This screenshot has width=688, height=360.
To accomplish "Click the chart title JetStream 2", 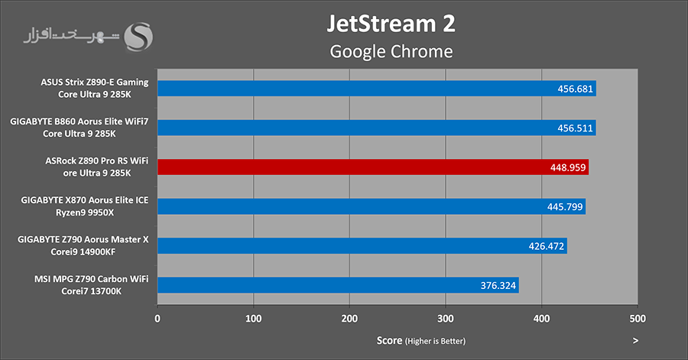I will click(x=391, y=23).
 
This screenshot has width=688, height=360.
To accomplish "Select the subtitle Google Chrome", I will click(x=391, y=52).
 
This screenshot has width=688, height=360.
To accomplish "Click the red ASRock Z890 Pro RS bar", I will click(x=373, y=167).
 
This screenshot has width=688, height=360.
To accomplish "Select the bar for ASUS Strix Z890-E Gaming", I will click(x=376, y=89).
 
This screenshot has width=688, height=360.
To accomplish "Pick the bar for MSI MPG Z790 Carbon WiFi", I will click(x=338, y=285).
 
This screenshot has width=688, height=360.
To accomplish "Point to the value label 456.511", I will click(x=574, y=128).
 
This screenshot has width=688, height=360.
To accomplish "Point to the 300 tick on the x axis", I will click(x=446, y=317).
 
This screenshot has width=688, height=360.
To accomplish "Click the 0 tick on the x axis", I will click(x=157, y=317).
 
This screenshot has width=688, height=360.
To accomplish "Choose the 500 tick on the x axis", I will click(x=638, y=317).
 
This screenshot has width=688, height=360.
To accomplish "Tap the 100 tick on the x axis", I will click(x=254, y=317).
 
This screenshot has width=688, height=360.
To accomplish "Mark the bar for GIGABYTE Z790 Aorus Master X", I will click(x=362, y=246).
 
